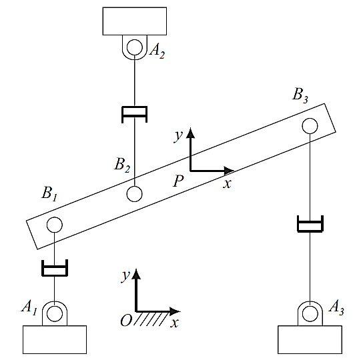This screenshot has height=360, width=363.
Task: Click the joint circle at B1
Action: pyautogui.click(x=54, y=225)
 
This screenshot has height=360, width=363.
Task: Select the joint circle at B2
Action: pyautogui.click(x=134, y=194)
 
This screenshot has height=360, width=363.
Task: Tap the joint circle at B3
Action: pyautogui.click(x=310, y=125)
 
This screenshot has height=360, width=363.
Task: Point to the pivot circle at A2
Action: pyautogui.click(x=135, y=47)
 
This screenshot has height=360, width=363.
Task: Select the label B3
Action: pyautogui.click(x=300, y=94)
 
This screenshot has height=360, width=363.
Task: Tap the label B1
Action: pyautogui.click(x=49, y=194)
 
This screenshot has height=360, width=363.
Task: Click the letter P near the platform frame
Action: pyautogui.click(x=177, y=180)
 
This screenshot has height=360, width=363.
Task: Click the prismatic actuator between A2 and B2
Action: pyautogui.click(x=135, y=115)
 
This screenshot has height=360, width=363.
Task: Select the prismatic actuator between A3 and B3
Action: pyautogui.click(x=310, y=223)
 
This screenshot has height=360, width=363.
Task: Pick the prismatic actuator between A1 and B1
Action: pyautogui.click(x=54, y=269)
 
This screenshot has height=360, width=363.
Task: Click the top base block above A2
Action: pyautogui.click(x=135, y=21)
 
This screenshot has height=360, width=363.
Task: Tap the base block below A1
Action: pyautogui.click(x=55, y=339)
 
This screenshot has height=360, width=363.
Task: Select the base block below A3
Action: pyautogui.click(x=309, y=339)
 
